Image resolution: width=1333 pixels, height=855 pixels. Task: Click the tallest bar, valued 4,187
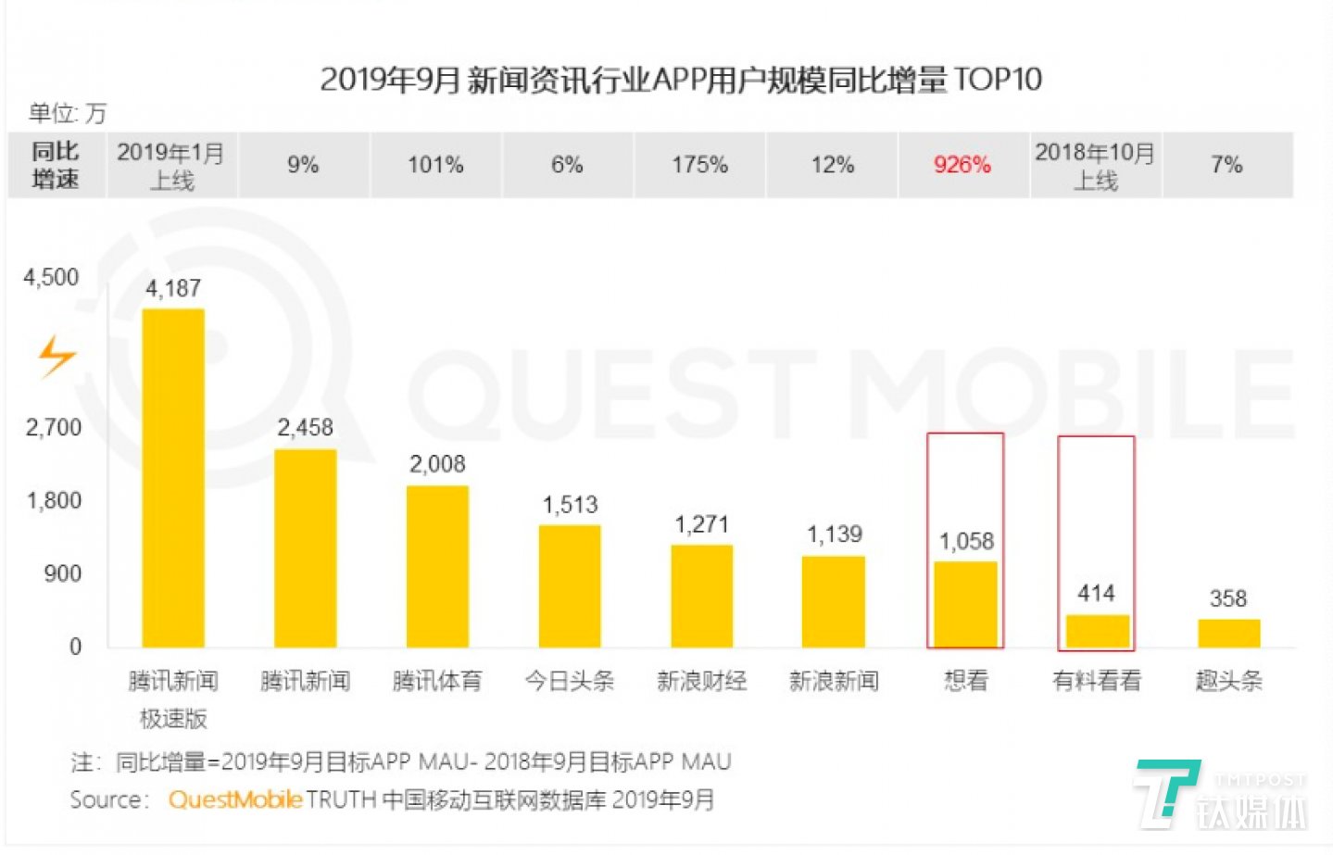(x=173, y=477)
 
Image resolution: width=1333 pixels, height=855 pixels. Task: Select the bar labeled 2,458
(x=305, y=547)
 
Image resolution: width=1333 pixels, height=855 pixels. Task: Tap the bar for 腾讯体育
(x=437, y=565)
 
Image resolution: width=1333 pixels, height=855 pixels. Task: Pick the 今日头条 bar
(x=570, y=585)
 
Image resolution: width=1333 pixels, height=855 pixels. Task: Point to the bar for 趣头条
(x=1228, y=633)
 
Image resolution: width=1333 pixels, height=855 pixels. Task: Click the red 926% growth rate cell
(x=962, y=165)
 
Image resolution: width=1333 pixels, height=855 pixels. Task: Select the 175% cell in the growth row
(x=699, y=165)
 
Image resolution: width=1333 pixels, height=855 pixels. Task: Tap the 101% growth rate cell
(x=435, y=165)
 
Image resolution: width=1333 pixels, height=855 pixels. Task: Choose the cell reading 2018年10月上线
(x=1095, y=165)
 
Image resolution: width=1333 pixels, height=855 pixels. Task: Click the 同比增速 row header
(x=56, y=165)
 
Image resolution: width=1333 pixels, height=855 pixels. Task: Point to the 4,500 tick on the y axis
(x=51, y=277)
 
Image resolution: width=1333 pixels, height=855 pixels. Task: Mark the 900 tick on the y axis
(x=62, y=573)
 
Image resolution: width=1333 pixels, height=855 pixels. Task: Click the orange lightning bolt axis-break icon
(x=57, y=356)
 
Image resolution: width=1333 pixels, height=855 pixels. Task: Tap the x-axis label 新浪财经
(x=701, y=681)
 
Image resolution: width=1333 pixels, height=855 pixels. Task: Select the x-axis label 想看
(x=965, y=681)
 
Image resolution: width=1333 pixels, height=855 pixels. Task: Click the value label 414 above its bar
(x=1096, y=593)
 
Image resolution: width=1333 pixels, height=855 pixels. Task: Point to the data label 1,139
(x=834, y=534)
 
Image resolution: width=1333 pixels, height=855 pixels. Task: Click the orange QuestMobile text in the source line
(x=234, y=799)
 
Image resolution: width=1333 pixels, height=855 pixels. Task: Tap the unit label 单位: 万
(x=68, y=113)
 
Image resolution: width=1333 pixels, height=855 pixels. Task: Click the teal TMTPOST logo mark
(x=1165, y=792)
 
